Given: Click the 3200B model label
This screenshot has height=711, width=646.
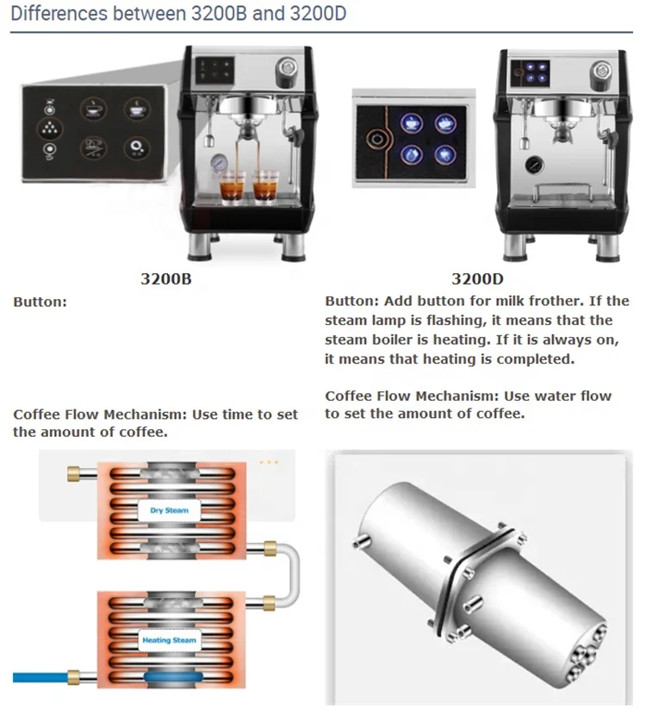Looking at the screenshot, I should (165, 279).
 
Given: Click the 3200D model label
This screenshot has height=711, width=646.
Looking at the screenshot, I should (478, 279).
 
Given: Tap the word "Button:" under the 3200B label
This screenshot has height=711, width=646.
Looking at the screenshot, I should (40, 302).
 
